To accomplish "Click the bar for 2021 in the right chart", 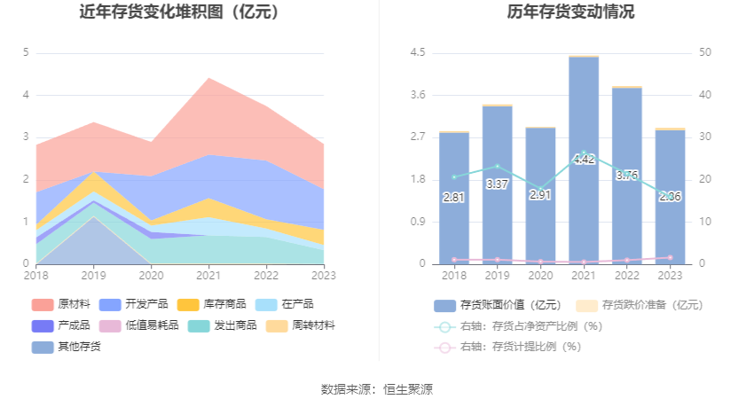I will (x=584, y=160).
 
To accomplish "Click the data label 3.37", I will (x=497, y=184).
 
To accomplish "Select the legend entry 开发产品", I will (x=137, y=304).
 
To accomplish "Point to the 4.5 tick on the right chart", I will (x=417, y=52).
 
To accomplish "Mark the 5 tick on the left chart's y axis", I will (x=26, y=52).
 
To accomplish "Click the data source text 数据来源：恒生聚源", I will (x=377, y=389).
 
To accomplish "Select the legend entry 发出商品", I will (x=215, y=325).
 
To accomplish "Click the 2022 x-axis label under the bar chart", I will (x=627, y=276).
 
